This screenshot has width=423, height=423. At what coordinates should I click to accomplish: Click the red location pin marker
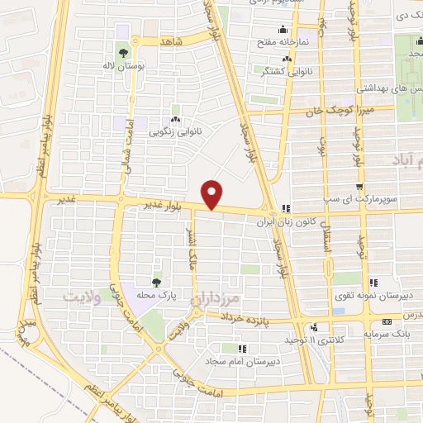click(213, 194)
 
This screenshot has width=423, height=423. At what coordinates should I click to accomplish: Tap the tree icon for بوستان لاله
click(122, 52)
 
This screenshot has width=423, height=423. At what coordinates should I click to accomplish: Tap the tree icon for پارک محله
click(156, 283)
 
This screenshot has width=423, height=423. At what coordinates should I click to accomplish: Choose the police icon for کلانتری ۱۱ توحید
click(314, 328)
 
